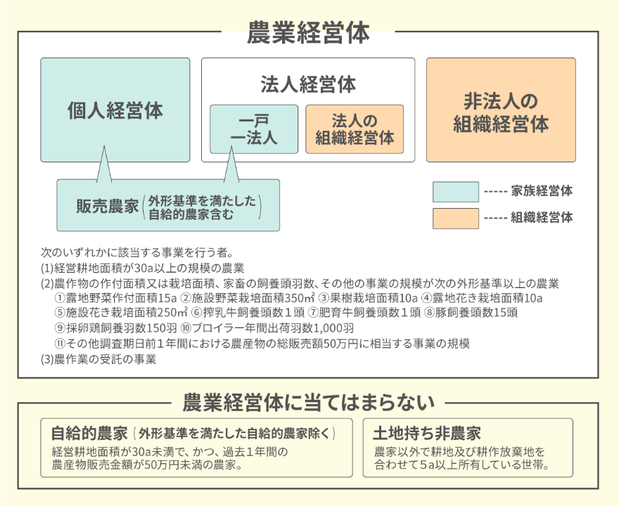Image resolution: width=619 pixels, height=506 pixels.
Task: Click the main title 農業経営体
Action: coord(308,33)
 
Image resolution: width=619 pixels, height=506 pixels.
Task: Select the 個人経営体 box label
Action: coord(115,110)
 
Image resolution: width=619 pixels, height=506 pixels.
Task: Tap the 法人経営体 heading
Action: coord(308,84)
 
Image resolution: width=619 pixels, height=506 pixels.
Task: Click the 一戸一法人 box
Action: coord(254,129)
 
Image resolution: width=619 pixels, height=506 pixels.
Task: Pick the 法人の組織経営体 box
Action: coord(355,129)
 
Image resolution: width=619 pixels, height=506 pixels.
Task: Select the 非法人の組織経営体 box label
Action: coord(501,112)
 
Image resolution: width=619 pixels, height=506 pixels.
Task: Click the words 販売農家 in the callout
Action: coord(108,206)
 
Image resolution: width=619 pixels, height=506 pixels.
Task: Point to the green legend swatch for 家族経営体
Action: coord(456,192)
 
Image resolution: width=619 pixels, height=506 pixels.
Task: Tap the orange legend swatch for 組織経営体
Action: coord(456,219)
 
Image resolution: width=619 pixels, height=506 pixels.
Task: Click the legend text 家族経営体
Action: coord(542,191)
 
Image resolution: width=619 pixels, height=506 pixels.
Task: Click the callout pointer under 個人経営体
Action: coord(104,164)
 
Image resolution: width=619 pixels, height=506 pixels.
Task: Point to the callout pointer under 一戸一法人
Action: coord(231,164)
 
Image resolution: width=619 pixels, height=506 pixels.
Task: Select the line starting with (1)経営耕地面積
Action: coord(143,268)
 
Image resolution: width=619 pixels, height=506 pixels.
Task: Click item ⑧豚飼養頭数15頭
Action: coord(471,313)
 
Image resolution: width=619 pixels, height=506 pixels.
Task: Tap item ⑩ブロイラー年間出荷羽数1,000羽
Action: coord(267,328)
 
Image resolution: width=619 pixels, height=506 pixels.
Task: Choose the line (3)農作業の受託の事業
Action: coord(98,359)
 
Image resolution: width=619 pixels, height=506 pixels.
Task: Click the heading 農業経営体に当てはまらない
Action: coord(308,403)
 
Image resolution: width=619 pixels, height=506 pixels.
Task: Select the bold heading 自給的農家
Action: coord(89,434)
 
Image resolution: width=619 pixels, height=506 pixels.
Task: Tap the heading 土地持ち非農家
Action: coord(427,434)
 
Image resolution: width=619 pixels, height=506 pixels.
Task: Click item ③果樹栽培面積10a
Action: coord(367,297)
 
